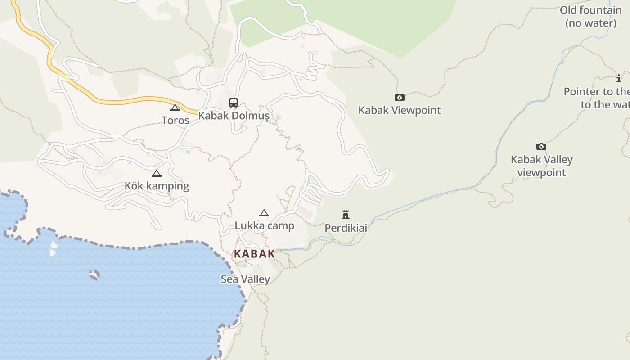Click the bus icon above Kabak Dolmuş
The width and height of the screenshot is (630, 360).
click(x=233, y=103)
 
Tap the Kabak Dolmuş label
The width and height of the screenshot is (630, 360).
click(x=234, y=116)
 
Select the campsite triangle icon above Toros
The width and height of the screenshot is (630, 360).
click(x=175, y=108)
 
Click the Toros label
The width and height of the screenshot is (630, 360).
click(x=175, y=120)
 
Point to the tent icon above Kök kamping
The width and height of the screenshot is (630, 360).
click(x=157, y=174)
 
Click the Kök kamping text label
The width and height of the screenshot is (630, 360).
click(x=157, y=186)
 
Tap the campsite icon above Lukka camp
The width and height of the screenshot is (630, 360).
click(x=264, y=213)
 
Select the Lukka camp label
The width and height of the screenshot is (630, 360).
click(x=265, y=225)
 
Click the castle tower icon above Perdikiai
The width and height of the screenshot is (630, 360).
click(x=346, y=215)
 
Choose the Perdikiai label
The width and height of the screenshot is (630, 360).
click(x=346, y=228)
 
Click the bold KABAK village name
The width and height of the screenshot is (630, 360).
click(x=254, y=254)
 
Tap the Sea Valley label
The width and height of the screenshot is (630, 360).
click(x=245, y=279)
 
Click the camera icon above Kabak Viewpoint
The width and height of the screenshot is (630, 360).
click(x=399, y=98)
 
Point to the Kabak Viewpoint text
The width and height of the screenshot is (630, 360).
click(x=400, y=110)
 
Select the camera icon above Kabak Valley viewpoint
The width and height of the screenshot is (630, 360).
click(x=541, y=147)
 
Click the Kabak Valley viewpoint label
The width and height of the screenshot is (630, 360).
click(x=542, y=166)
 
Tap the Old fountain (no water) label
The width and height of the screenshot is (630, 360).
click(x=591, y=17)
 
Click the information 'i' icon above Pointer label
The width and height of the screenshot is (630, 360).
click(x=619, y=79)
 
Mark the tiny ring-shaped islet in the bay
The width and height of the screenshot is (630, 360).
click(x=94, y=274)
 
